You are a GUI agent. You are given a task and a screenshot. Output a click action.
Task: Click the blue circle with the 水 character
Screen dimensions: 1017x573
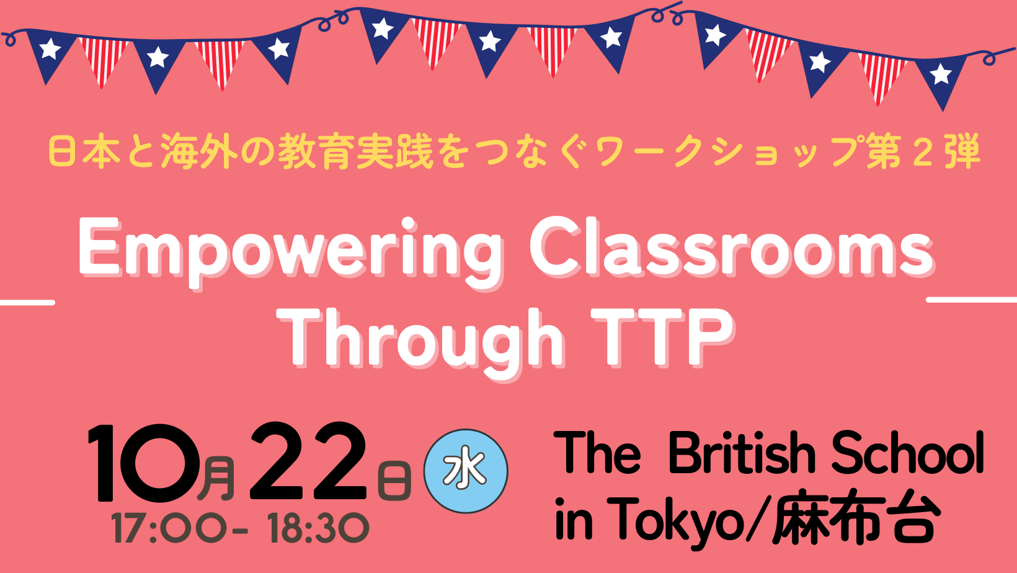pyautogui.click(x=465, y=471)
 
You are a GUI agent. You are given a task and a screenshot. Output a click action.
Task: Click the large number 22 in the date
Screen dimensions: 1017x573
pyautogui.click(x=308, y=461)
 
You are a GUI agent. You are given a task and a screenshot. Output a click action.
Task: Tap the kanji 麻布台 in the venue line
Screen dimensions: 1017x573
pyautogui.click(x=853, y=518)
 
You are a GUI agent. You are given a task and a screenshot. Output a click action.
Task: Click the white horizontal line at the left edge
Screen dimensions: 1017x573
pyautogui.click(x=27, y=303)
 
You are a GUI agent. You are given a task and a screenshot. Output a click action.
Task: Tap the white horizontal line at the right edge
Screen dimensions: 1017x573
pyautogui.click(x=972, y=300)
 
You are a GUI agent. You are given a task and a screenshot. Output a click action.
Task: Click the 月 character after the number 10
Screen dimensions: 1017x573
pyautogui.click(x=216, y=479)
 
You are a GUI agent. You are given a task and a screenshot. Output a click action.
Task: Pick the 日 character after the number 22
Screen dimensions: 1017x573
pyautogui.click(x=394, y=481)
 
